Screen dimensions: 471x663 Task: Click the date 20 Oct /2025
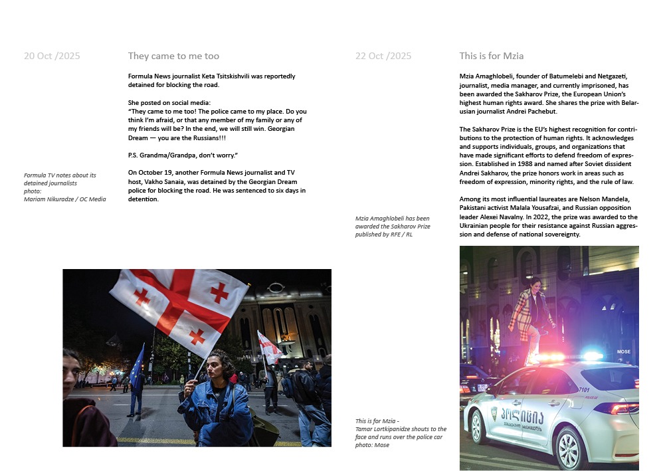(x=52, y=56)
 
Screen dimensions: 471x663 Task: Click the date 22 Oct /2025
(x=383, y=56)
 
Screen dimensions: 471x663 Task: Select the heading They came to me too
(x=173, y=56)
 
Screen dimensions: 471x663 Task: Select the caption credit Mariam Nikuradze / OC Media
(x=64, y=199)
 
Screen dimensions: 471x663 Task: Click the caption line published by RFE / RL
(x=383, y=235)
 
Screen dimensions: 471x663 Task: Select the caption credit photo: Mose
(x=372, y=445)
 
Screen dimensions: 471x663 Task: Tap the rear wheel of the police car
(x=572, y=448)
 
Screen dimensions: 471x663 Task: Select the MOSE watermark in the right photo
(x=623, y=352)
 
